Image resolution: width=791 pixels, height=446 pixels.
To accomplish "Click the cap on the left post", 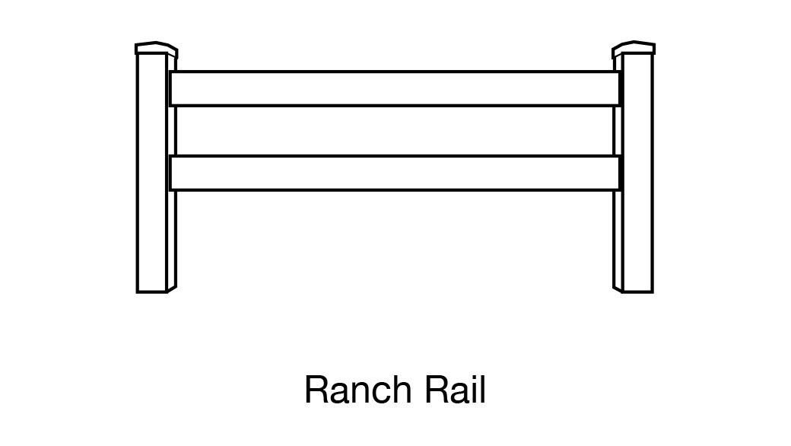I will pyautogui.click(x=156, y=49).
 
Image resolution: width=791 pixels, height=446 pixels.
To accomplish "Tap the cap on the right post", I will pyautogui.click(x=634, y=49).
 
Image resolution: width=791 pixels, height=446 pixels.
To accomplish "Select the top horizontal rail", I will pyautogui.click(x=395, y=88).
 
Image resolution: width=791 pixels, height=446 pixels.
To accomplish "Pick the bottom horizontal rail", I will pyautogui.click(x=395, y=173).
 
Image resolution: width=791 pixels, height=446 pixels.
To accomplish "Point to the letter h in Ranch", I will pyautogui.click(x=400, y=390).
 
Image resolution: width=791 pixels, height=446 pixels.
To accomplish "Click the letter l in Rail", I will pyautogui.click(x=482, y=390).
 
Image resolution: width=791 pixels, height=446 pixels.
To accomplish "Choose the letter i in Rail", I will pyautogui.click(x=473, y=390).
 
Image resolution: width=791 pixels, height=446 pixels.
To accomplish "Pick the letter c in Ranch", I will pyautogui.click(x=380, y=393).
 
